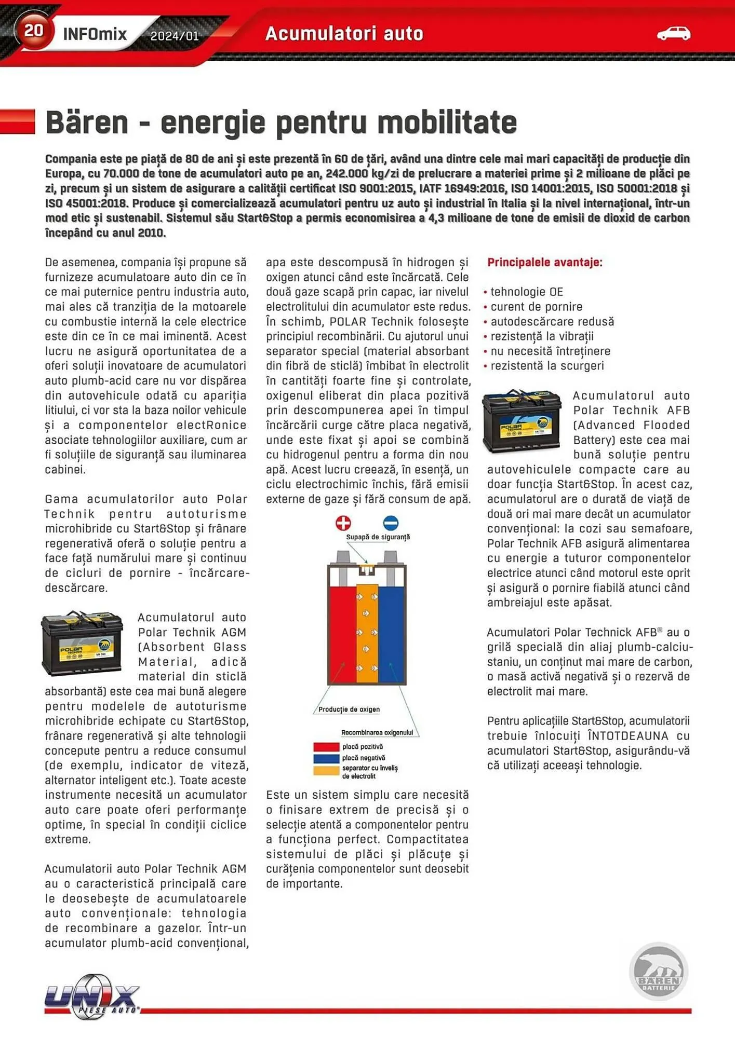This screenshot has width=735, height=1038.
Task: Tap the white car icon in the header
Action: point(673,34)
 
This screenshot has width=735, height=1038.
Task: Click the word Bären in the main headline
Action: point(87,122)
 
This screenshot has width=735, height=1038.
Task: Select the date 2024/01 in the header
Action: point(175,36)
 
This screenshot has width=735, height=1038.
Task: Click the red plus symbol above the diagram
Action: point(343,523)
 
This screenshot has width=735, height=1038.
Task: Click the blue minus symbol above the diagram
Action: point(391,523)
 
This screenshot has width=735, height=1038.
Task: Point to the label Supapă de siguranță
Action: point(378,537)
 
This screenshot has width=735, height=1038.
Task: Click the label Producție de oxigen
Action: point(349,709)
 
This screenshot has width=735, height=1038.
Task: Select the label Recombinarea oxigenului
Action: point(377,732)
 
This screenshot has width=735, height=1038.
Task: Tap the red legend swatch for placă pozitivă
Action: point(326,747)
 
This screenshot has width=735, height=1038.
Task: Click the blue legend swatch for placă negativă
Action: point(326,758)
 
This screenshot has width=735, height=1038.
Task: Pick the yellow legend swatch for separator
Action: point(326,770)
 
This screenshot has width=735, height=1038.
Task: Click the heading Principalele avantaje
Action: point(544,263)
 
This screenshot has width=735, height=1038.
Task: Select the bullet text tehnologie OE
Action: point(527,292)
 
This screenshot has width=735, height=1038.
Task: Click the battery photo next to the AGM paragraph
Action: point(82,643)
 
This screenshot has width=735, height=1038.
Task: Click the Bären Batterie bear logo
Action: point(658,972)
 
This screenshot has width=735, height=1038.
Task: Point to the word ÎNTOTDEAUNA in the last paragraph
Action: point(628,736)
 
